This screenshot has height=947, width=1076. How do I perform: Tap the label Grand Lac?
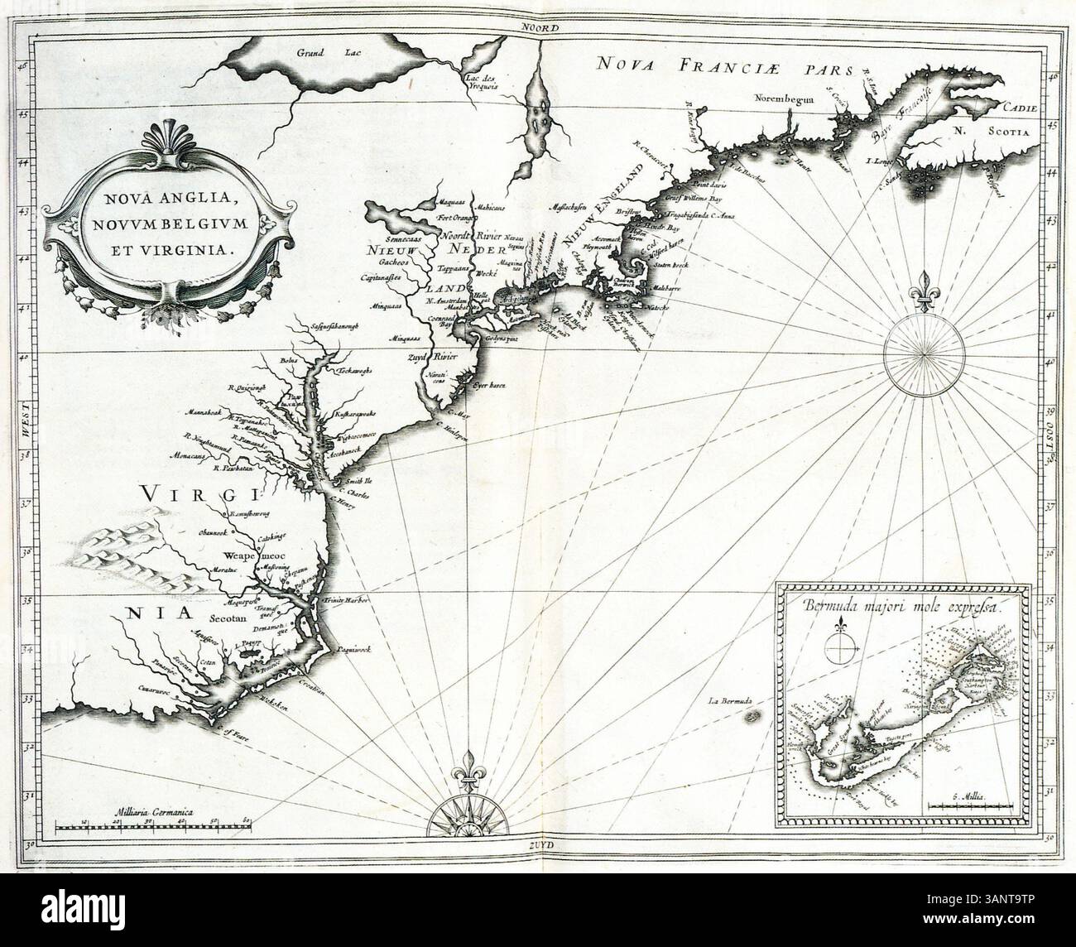(314, 53)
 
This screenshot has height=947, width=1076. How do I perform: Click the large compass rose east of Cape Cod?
(920, 352)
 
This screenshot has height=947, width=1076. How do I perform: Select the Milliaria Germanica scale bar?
(153, 824)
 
